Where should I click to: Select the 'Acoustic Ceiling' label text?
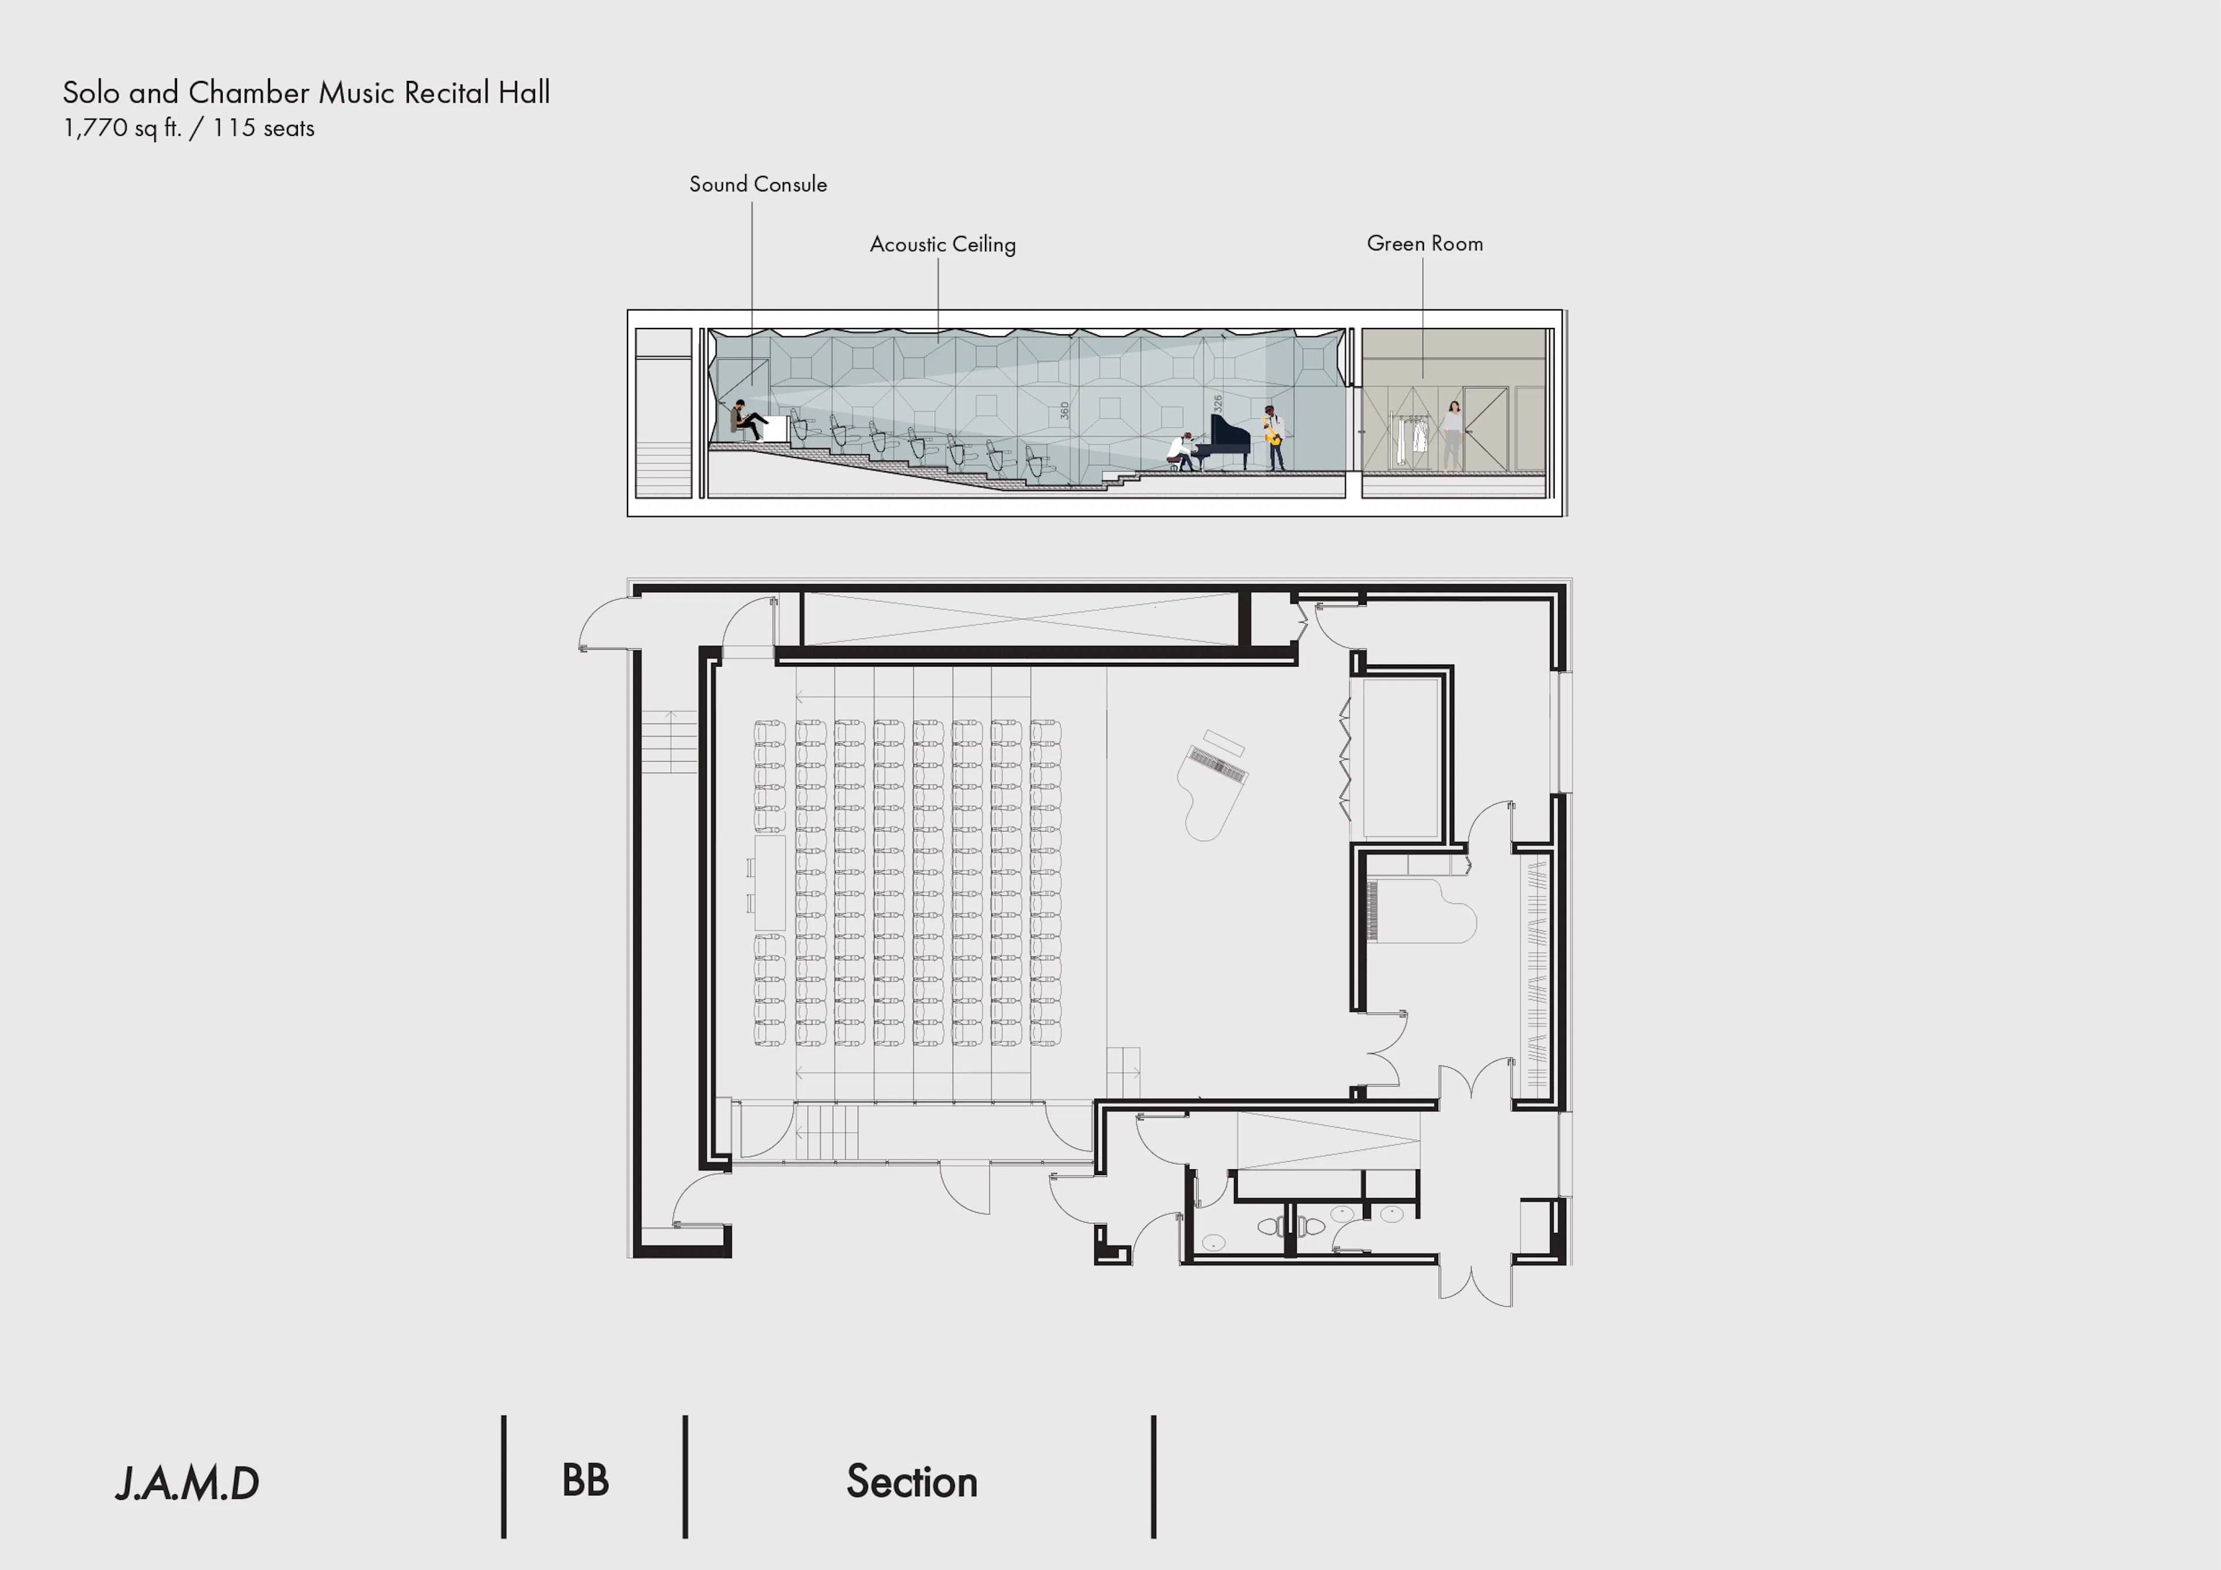(942, 245)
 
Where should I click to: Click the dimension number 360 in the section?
(1064, 410)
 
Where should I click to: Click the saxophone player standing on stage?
(1274, 439)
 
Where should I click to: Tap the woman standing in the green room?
(1452, 435)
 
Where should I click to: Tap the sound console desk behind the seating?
(770, 883)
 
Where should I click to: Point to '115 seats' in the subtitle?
(263, 128)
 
